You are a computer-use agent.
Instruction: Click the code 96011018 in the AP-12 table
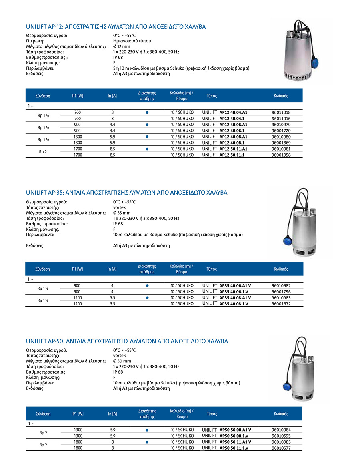click(281, 113)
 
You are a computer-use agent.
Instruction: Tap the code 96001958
click(281, 155)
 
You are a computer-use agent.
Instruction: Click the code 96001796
click(281, 292)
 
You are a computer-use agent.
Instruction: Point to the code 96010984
click(281, 430)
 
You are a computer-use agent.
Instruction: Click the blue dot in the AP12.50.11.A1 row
click(147, 149)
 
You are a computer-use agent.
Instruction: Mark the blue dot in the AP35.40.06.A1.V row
click(147, 285)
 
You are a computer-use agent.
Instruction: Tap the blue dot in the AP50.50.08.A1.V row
click(147, 430)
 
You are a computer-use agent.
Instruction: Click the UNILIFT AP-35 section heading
click(126, 193)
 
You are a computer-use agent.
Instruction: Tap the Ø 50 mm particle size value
click(122, 361)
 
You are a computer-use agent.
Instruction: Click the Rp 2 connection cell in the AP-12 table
click(43, 152)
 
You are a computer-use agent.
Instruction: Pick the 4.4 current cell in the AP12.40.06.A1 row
click(112, 125)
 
